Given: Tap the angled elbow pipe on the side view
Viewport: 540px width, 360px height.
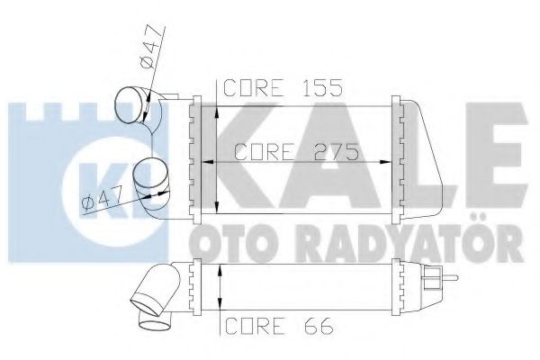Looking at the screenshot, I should pyautogui.click(x=157, y=292).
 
